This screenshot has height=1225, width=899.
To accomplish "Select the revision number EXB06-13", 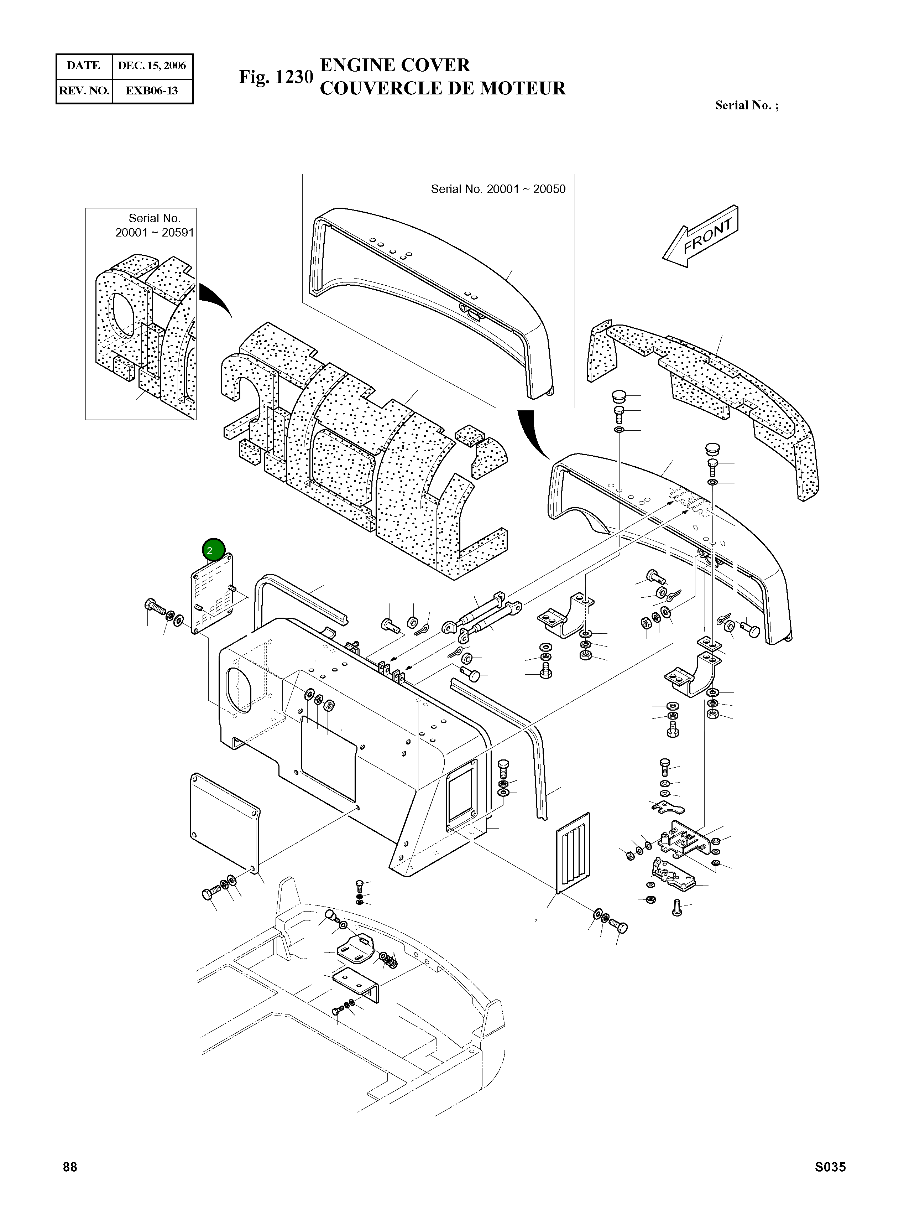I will [151, 90].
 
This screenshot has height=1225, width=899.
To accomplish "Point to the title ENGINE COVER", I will [394, 65].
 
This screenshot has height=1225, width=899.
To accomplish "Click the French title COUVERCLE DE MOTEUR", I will [443, 88].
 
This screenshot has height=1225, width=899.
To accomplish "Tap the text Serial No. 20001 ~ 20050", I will [498, 189].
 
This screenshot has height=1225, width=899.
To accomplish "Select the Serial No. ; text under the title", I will [747, 106].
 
